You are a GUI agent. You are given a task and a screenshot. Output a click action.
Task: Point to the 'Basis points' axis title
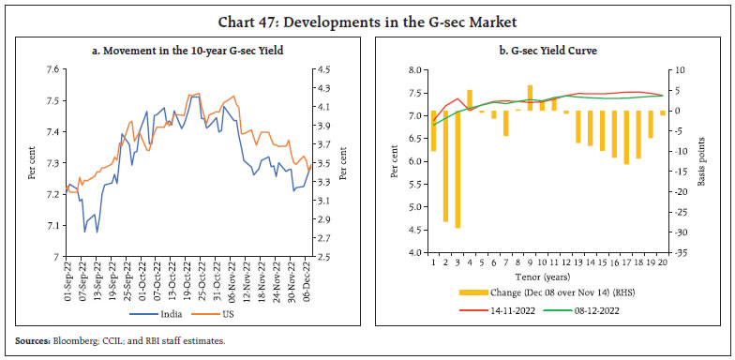[700, 160]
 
